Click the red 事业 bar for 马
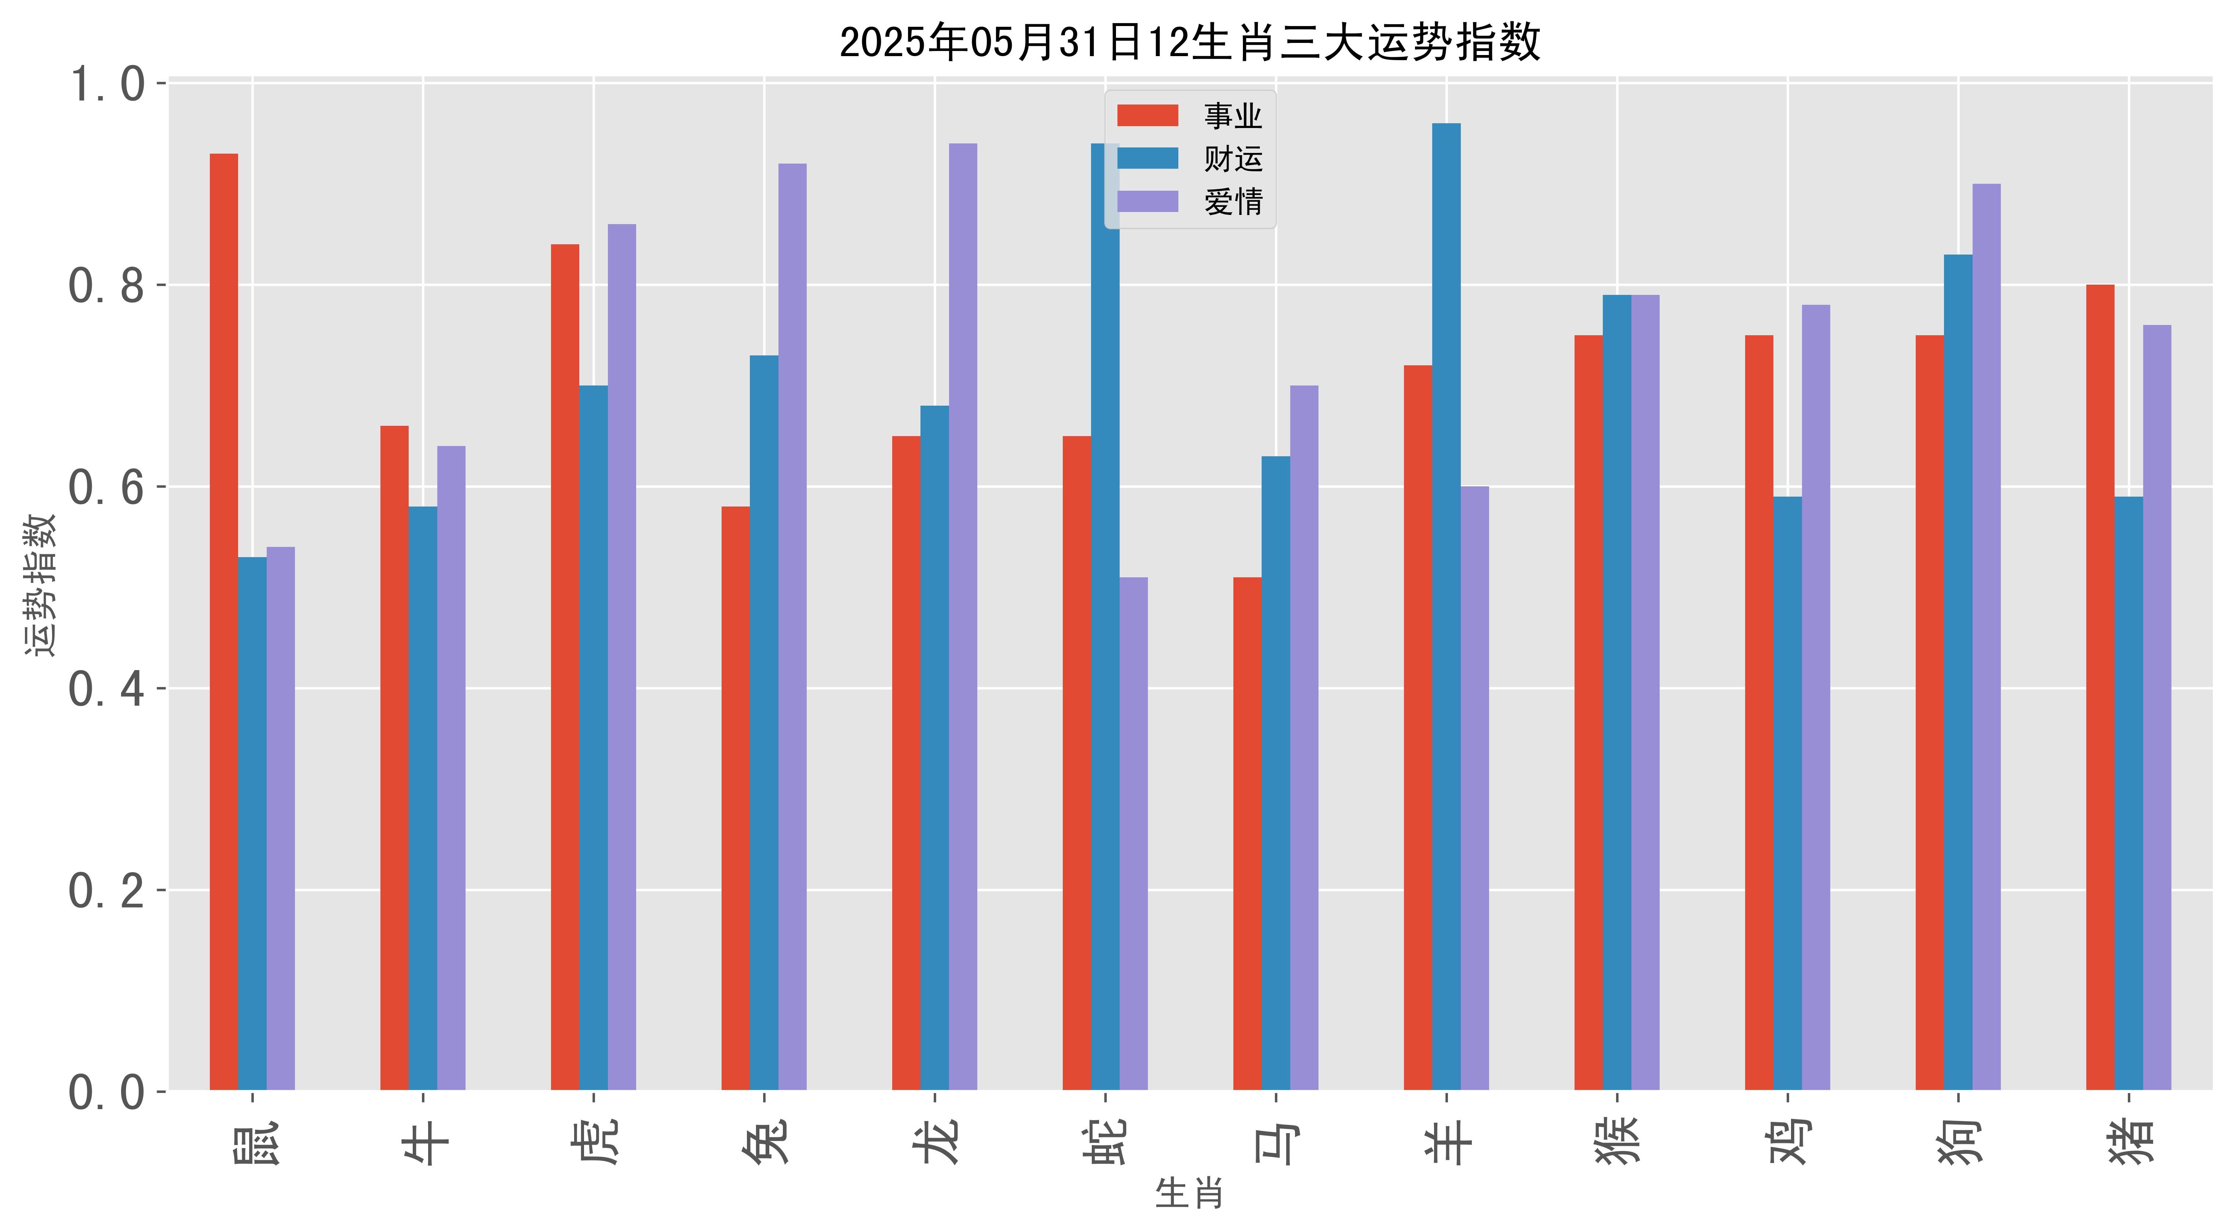point(1247,833)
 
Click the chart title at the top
point(1189,42)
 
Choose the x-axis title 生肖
point(1189,1194)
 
